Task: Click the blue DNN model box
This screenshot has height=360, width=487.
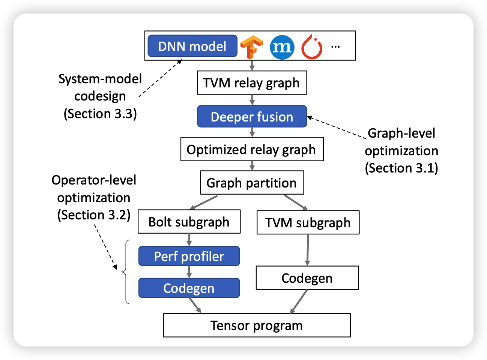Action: tap(192, 46)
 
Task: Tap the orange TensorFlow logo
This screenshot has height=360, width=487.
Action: tap(251, 47)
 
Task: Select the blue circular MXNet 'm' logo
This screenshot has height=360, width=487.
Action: tap(282, 47)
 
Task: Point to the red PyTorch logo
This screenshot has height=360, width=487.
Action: tap(312, 47)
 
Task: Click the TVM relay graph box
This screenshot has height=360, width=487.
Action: tap(252, 83)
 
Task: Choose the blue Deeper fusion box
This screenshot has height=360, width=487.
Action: tap(252, 117)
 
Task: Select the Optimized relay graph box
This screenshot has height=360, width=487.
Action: tap(252, 150)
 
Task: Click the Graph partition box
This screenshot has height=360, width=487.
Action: tap(252, 183)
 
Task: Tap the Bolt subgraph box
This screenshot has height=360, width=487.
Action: tap(189, 222)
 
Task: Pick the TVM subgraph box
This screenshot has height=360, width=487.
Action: tap(308, 223)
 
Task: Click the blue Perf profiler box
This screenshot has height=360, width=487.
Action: tap(189, 256)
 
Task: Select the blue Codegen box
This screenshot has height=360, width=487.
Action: tap(189, 288)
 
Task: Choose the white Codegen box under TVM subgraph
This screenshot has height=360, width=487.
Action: tap(307, 278)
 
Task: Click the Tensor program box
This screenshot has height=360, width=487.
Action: tap(257, 325)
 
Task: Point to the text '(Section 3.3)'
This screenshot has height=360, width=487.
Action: tap(100, 114)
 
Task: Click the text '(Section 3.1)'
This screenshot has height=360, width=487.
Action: tap(401, 168)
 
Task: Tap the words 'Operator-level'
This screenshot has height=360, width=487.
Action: tap(94, 180)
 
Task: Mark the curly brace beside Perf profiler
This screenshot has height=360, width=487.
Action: tap(126, 272)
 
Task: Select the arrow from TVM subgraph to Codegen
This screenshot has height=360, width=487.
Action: tap(308, 250)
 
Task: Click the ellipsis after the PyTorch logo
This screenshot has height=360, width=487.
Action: tap(335, 47)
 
